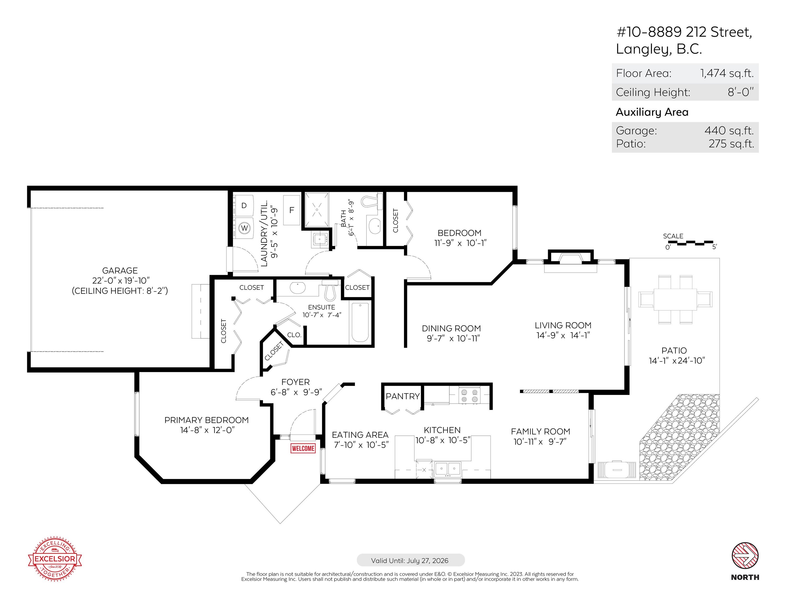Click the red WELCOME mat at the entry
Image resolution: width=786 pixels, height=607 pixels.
click(x=303, y=448)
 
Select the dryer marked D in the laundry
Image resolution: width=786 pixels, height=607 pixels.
click(x=244, y=206)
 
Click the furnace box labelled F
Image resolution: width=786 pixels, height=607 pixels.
click(x=292, y=210)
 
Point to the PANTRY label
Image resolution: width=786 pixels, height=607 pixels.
click(x=403, y=396)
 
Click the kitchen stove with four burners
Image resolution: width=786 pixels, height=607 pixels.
click(x=469, y=395)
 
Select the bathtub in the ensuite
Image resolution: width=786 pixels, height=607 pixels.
click(x=360, y=322)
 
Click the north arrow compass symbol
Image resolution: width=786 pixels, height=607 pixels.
click(x=745, y=556)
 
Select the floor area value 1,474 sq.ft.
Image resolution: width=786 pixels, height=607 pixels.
click(x=727, y=73)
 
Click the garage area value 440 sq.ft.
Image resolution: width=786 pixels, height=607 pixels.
click(x=729, y=130)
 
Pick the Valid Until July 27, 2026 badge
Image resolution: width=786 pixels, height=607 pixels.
click(x=410, y=560)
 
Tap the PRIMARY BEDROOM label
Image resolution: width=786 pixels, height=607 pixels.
click(x=206, y=420)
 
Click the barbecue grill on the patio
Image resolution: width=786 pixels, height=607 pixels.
click(x=617, y=470)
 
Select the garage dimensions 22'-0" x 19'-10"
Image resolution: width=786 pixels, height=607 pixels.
click(x=120, y=281)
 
